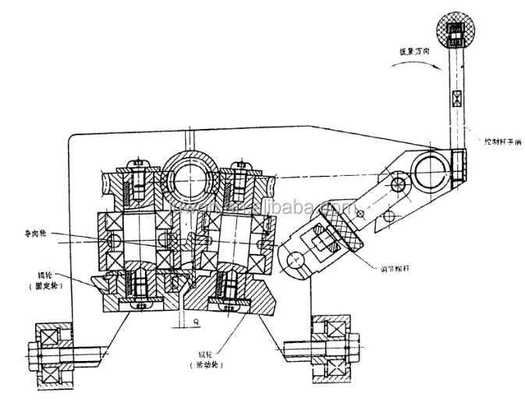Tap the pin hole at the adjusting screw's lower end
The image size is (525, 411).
[294, 259]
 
